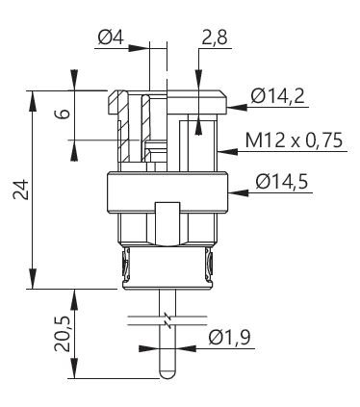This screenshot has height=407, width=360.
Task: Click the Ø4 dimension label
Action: click(x=111, y=38)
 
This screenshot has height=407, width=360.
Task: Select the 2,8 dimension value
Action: click(x=215, y=38)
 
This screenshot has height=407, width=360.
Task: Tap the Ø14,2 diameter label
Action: click(x=278, y=96)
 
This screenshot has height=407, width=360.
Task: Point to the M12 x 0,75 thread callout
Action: click(x=294, y=140)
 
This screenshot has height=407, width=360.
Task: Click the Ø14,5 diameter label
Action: click(x=282, y=182)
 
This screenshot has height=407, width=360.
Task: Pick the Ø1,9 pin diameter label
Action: click(x=229, y=338)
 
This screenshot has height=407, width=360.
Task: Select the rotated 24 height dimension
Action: click(x=20, y=190)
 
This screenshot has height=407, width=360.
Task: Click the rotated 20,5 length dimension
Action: click(x=62, y=334)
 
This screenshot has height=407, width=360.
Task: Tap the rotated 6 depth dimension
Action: click(x=64, y=114)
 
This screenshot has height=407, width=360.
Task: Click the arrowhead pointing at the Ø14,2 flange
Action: click(x=237, y=107)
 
